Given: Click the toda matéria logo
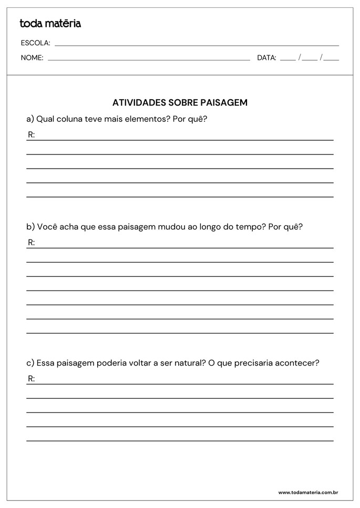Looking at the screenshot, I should [x=50, y=24].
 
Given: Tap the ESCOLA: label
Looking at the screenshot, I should [x=35, y=43].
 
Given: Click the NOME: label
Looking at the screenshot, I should [x=32, y=58].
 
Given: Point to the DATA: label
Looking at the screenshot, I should [x=266, y=58].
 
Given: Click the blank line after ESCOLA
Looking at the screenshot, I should [x=197, y=45].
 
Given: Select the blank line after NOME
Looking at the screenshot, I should [x=149, y=59].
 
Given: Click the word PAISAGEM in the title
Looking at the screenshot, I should [x=224, y=103].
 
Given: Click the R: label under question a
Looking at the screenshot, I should [x=31, y=135].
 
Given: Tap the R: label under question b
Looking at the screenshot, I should [x=31, y=243].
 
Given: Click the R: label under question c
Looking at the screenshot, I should [x=31, y=379].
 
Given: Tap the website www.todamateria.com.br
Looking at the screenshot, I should [x=307, y=493].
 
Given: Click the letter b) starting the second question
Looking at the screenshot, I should [x=30, y=227].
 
